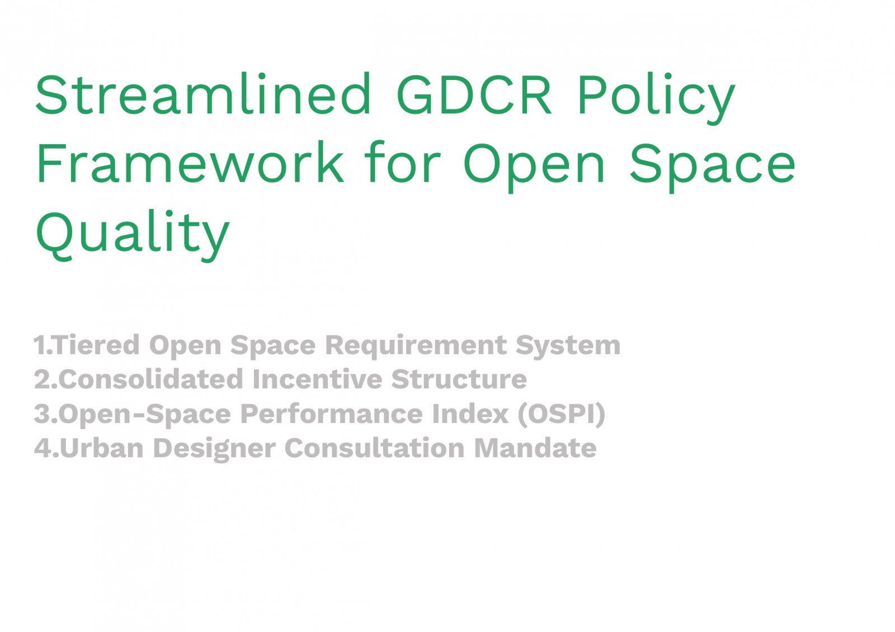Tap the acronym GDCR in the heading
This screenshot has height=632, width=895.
(x=474, y=94)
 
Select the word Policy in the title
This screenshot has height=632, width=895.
(x=656, y=98)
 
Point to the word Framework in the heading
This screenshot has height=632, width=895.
(x=190, y=162)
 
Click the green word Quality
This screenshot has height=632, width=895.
(x=133, y=236)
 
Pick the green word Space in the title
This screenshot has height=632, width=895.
(x=713, y=167)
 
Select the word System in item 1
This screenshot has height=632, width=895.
(x=568, y=346)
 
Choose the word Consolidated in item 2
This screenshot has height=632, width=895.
(x=150, y=379)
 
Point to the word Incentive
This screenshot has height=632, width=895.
(x=317, y=379)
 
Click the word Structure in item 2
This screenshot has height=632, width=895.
(x=459, y=379)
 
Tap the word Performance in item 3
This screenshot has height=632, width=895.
(x=331, y=413)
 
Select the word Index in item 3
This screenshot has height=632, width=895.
(x=470, y=413)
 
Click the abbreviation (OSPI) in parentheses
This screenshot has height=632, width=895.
(x=562, y=415)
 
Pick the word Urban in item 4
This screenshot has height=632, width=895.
(x=101, y=448)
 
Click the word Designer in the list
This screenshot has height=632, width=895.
(x=214, y=449)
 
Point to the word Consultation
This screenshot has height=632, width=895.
(x=374, y=448)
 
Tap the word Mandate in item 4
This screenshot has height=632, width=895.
(x=535, y=448)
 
